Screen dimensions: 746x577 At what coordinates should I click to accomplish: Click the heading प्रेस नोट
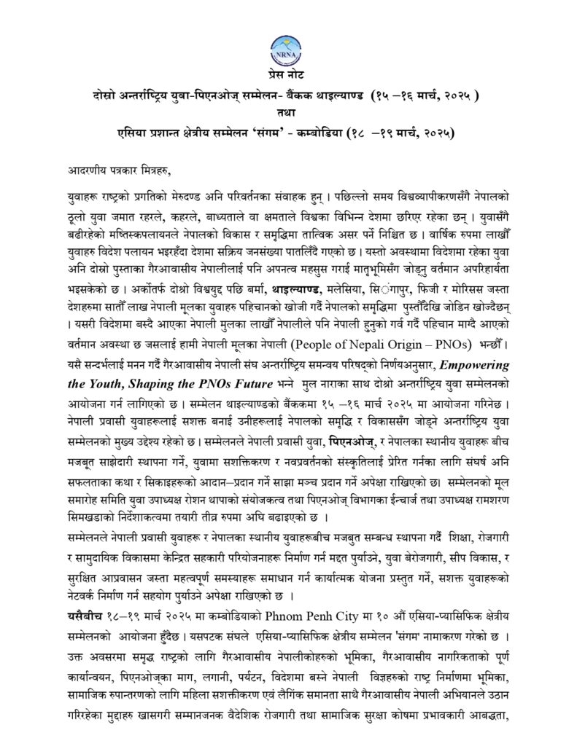click(x=288, y=78)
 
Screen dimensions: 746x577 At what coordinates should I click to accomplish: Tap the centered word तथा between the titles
click(x=288, y=114)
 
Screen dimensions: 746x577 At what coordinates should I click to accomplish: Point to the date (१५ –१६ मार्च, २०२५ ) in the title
click(x=424, y=95)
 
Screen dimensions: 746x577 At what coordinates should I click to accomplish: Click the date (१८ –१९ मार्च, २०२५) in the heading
click(x=395, y=132)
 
